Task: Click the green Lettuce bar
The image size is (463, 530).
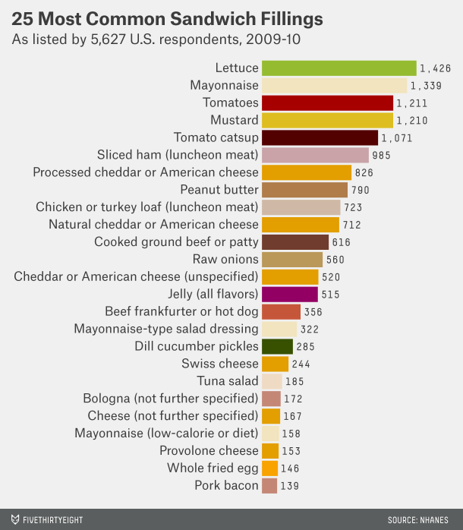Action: (x=339, y=68)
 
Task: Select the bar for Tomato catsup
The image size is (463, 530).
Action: (x=320, y=138)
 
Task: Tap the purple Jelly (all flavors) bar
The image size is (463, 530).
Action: (x=290, y=295)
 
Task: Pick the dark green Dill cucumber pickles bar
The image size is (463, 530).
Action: (x=277, y=346)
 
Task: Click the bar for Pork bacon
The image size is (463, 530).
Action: (x=269, y=486)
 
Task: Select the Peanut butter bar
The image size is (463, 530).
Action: (x=304, y=190)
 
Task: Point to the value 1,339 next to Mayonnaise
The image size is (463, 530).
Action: (x=426, y=86)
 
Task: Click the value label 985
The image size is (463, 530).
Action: (x=381, y=156)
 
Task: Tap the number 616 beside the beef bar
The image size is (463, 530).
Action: (x=341, y=242)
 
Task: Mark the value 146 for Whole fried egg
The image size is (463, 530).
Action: (x=290, y=468)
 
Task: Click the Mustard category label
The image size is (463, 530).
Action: (x=235, y=120)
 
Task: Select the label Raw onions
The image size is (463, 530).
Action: (x=225, y=259)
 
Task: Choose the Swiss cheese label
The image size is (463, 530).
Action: (x=220, y=364)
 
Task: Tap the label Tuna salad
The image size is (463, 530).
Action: (x=228, y=381)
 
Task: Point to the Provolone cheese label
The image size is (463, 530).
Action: (x=209, y=450)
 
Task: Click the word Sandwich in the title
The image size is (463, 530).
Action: (x=213, y=18)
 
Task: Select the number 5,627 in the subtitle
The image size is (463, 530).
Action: (x=108, y=39)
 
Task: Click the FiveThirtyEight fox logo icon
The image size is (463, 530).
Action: (x=15, y=519)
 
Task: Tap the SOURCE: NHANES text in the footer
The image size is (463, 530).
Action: (x=418, y=520)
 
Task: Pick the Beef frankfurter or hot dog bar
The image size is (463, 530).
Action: (x=281, y=311)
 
